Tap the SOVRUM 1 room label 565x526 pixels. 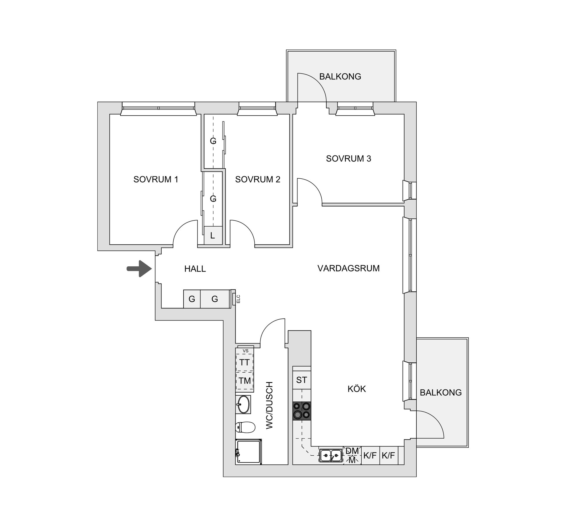click(156, 179)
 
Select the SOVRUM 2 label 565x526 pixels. click(257, 179)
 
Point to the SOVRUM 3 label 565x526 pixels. click(348, 159)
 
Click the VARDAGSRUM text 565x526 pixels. click(348, 268)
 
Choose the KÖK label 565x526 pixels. click(357, 389)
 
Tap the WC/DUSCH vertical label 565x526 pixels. click(270, 405)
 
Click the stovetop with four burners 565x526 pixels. click(302, 411)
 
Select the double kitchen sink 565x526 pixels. click(331, 456)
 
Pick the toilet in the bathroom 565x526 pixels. click(245, 427)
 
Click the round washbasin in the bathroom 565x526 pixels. click(243, 404)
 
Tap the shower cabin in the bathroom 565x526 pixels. click(249, 452)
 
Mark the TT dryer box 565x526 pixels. click(245, 362)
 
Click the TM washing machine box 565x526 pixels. click(245, 381)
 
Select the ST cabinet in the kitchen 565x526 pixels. click(302, 380)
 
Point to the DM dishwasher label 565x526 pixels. click(352, 451)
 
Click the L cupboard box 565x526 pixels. click(213, 235)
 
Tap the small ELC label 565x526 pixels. click(238, 299)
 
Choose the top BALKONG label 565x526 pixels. click(340, 77)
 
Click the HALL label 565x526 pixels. click(195, 269)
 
